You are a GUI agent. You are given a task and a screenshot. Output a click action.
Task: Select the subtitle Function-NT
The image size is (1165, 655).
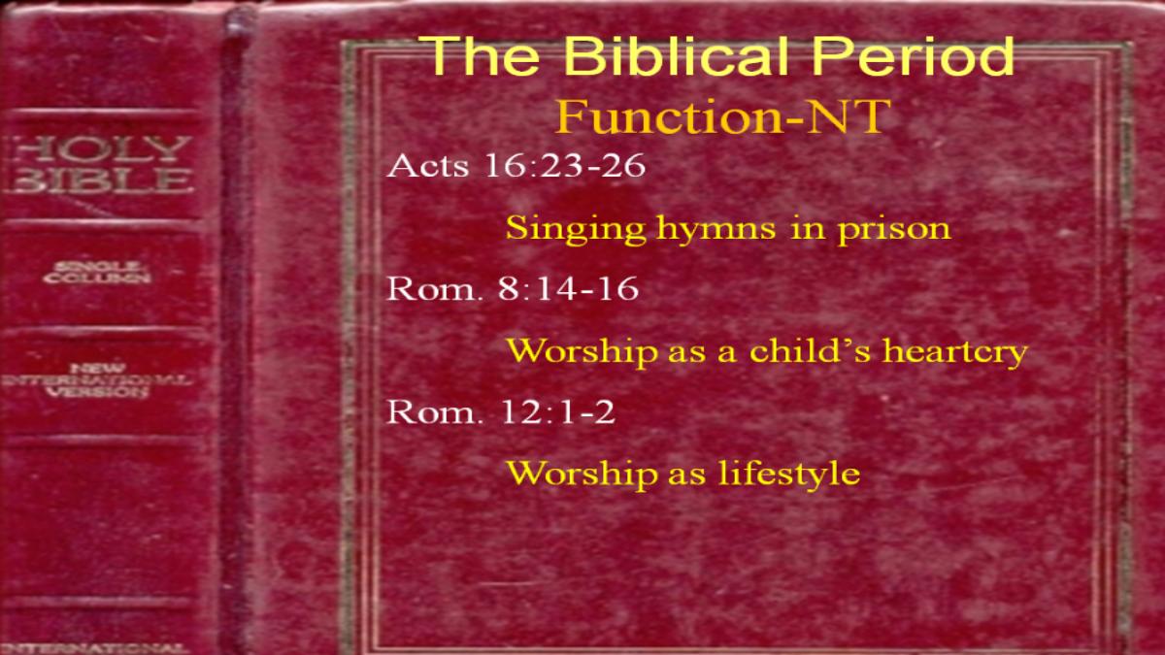pos(723,116)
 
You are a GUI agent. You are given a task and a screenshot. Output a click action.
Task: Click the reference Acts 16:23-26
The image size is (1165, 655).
pos(516,166)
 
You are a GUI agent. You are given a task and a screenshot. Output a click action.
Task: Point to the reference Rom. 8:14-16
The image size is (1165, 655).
pos(513,289)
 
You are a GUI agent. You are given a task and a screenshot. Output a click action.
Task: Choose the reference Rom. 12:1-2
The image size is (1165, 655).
pos(501,412)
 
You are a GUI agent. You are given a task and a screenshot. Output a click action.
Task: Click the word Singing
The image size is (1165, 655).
pos(576,230)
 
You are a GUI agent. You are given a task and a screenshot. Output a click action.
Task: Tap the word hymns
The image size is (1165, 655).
pos(716,230)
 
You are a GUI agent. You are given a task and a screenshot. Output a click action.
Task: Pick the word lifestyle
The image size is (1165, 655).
pos(789,475)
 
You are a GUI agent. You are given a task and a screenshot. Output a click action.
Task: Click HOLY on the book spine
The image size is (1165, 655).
pos(101,148)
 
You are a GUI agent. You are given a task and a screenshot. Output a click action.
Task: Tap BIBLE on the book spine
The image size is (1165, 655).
pos(101,180)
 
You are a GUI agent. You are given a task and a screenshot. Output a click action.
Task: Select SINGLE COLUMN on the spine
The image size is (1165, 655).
pos(97,273)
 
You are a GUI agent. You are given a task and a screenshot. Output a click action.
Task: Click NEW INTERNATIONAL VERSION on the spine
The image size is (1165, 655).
pos(96,380)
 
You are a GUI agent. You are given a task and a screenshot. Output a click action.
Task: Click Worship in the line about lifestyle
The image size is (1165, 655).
pos(582,475)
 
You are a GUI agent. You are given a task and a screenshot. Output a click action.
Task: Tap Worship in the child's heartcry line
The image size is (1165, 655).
pos(582,351)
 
